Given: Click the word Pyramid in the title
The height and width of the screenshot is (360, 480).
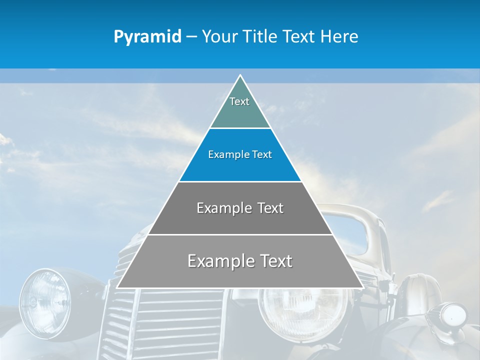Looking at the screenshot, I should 147,37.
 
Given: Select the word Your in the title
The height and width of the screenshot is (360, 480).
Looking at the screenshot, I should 218,37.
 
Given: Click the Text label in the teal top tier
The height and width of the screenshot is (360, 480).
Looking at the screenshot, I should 239,101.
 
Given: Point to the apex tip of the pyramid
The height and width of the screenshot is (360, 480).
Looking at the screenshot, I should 240,75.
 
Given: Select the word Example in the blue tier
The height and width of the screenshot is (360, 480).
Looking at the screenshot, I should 227,154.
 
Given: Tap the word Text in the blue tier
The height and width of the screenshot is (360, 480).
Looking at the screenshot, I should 262,154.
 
